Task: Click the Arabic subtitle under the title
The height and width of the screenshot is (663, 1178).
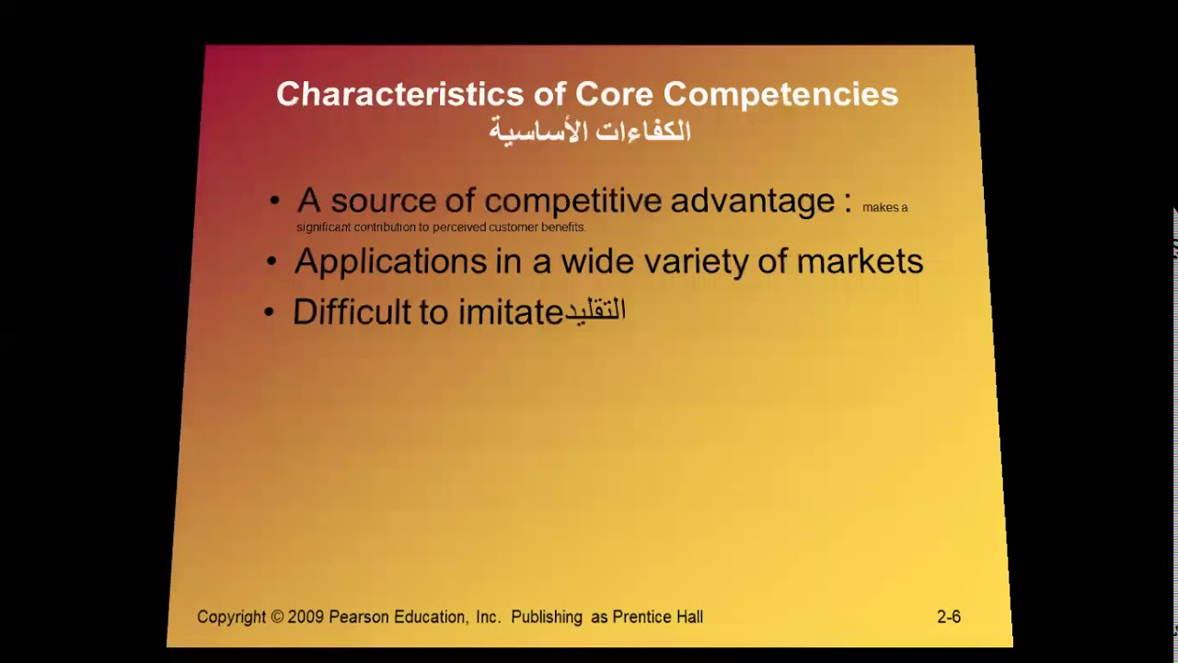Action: tap(589, 132)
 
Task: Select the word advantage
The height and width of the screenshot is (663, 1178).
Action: tap(752, 201)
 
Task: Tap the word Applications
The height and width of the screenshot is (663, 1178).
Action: tap(390, 262)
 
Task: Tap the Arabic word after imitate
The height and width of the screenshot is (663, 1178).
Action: tap(595, 311)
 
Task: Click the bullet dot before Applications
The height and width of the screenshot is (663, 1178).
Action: tap(271, 262)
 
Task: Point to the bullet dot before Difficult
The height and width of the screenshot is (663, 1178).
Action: tap(269, 313)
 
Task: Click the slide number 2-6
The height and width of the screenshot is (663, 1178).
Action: tap(949, 617)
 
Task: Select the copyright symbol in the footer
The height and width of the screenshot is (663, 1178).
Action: tap(277, 617)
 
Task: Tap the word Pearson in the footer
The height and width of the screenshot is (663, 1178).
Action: tap(362, 617)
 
